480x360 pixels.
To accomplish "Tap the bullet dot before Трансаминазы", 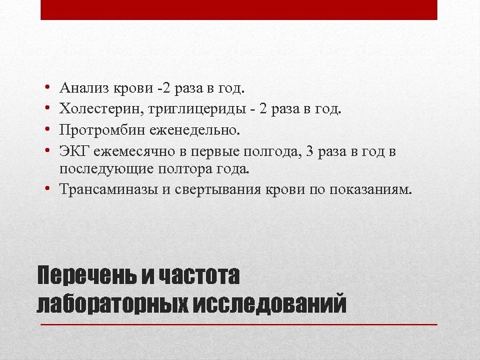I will pyautogui.click(x=49, y=189).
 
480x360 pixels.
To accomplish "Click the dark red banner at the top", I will pyautogui.click(x=239, y=9).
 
